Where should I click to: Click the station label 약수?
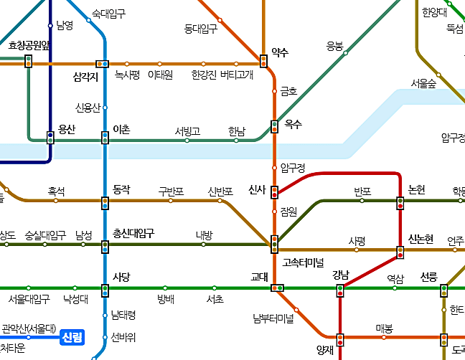pos(280,52)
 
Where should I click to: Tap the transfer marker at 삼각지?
pos(102,64)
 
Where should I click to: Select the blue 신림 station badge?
pos(72,336)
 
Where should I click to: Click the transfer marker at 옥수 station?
pos(274,127)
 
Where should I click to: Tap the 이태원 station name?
pos(160,75)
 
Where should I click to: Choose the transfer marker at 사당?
pos(105,290)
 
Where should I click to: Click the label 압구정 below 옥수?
pos(293,168)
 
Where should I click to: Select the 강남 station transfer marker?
pos(340,290)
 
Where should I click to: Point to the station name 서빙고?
pos(187,131)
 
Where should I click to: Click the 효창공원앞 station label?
pos(29,46)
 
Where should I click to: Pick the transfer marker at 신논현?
pos(400,252)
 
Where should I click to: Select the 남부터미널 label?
pos(273,317)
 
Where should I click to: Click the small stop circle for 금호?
pos(274,91)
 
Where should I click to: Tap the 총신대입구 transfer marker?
pos(105,247)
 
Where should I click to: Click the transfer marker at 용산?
pos(50,138)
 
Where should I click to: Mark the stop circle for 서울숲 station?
pos(438,73)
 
